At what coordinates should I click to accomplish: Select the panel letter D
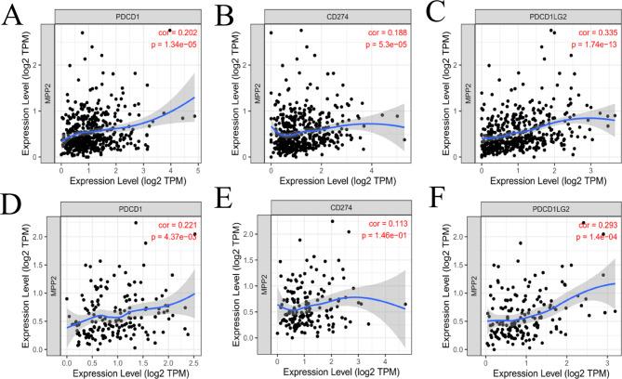[x=14, y=203]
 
